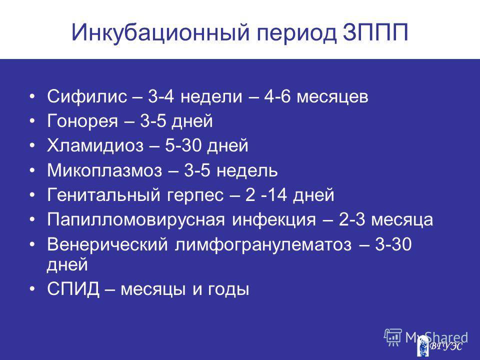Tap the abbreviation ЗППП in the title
[x=375, y=32]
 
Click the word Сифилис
[x=87, y=96]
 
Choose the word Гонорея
[x=82, y=121]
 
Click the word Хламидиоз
[x=95, y=145]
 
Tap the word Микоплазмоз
[x=104, y=171]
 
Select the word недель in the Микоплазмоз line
[x=247, y=171]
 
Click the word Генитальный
[x=103, y=195]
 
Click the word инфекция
[x=273, y=220]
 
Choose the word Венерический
[x=107, y=245]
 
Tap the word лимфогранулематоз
[x=263, y=245]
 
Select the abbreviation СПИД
[x=73, y=289]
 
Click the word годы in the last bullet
[x=228, y=290]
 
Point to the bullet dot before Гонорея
[x=33, y=121]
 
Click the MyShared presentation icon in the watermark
[x=393, y=337]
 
